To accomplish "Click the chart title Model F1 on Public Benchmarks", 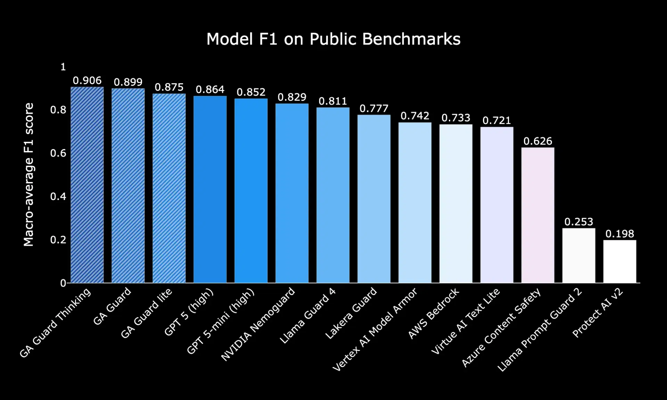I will click(333, 39).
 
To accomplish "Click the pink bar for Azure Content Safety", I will click(537, 215).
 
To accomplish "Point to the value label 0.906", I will click(87, 81).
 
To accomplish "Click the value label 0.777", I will click(374, 109).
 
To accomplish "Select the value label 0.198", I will click(619, 234).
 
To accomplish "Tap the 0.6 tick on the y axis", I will click(58, 153).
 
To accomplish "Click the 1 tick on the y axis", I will click(63, 67).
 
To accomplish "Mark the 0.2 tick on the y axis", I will click(58, 240).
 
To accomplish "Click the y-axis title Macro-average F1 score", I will click(28, 174).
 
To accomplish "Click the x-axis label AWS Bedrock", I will click(433, 313).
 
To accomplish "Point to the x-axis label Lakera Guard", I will click(351, 313).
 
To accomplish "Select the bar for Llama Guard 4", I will click(333, 195).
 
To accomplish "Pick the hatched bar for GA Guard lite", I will click(169, 188).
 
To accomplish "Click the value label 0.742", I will click(415, 116).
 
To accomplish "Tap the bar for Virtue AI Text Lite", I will click(496, 205).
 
